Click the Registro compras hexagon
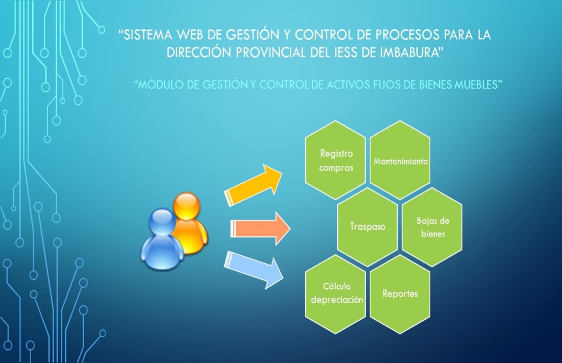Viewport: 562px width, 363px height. point(335,160)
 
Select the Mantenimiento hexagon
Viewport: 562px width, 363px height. point(400,160)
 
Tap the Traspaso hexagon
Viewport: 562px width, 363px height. point(368,227)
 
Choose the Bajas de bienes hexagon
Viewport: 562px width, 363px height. point(432,227)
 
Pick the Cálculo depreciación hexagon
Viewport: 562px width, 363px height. point(335,294)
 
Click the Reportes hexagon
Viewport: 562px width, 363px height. point(400,294)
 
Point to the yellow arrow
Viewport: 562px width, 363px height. point(253,185)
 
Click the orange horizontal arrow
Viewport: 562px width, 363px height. point(260,229)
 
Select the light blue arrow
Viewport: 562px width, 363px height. point(253,270)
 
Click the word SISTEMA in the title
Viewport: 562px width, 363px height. point(148,35)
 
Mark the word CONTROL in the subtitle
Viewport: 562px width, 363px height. point(283,85)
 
